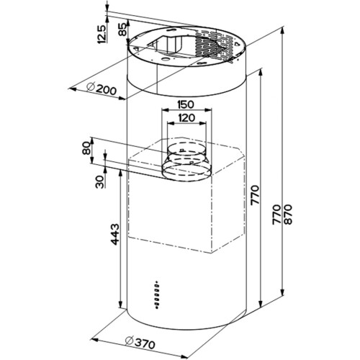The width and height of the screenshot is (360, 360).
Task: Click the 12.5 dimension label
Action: coord(102,34)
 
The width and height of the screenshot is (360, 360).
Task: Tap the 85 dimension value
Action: coord(123,30)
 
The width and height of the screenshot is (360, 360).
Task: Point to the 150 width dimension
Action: coord(186,104)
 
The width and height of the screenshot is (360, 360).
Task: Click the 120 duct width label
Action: coord(187,118)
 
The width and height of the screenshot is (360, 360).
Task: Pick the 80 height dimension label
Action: coord(86,148)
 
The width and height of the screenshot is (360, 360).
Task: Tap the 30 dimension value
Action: coord(99,181)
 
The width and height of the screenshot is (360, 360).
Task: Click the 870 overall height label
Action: coord(288,215)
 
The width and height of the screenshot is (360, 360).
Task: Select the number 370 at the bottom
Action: coord(144,345)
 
